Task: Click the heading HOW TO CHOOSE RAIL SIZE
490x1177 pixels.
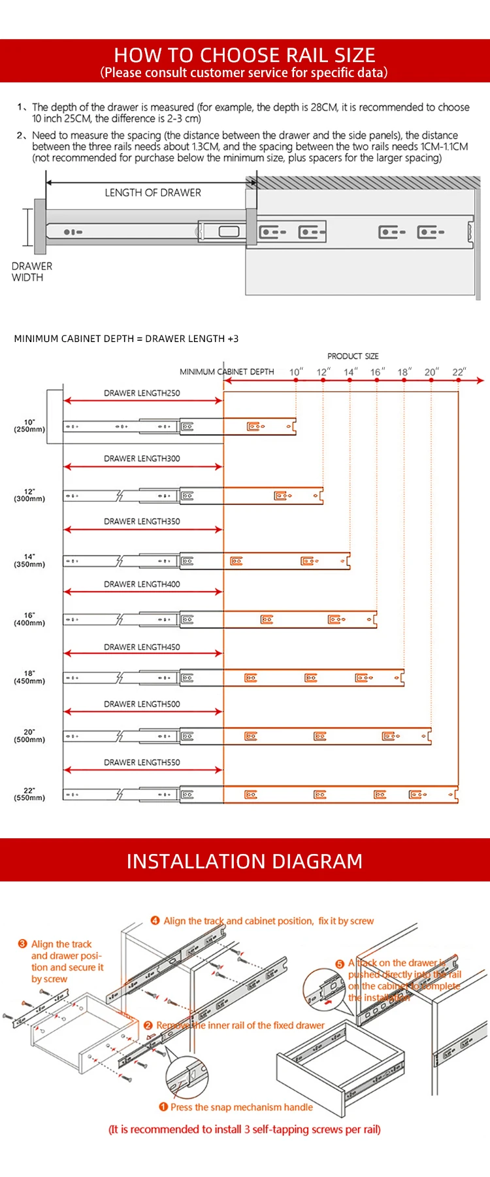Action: [244, 55]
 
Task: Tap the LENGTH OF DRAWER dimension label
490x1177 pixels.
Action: [153, 193]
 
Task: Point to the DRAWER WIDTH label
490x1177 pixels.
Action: [31, 272]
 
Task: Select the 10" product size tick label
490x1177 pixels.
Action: [296, 372]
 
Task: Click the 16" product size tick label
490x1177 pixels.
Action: [377, 372]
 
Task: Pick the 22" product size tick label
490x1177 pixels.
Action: [459, 372]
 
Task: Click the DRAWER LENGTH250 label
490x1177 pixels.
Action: [142, 393]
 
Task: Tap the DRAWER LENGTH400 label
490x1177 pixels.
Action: [142, 584]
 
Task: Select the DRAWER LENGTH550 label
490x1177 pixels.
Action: [142, 762]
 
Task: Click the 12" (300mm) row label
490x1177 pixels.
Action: [29, 495]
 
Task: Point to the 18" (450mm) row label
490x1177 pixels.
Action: [29, 677]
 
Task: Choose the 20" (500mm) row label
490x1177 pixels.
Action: [29, 736]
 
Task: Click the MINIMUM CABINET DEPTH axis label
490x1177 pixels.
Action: [227, 371]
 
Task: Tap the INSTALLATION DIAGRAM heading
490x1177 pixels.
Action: [244, 861]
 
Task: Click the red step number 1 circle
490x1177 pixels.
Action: [163, 1107]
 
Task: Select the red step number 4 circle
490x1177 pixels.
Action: [155, 921]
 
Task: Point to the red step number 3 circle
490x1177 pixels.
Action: [23, 944]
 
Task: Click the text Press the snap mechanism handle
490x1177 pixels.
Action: [241, 1107]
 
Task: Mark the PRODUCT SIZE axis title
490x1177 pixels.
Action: [353, 356]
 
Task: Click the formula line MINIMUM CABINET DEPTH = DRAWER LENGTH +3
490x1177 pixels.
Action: [126, 339]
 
